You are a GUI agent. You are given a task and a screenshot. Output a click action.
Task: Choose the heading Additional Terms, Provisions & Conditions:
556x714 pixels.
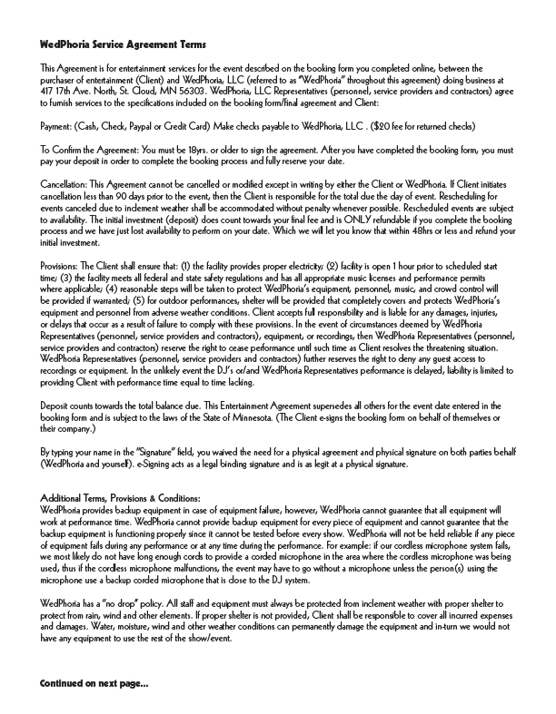click(x=121, y=498)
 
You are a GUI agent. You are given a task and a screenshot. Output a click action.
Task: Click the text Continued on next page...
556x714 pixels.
click(x=94, y=682)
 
